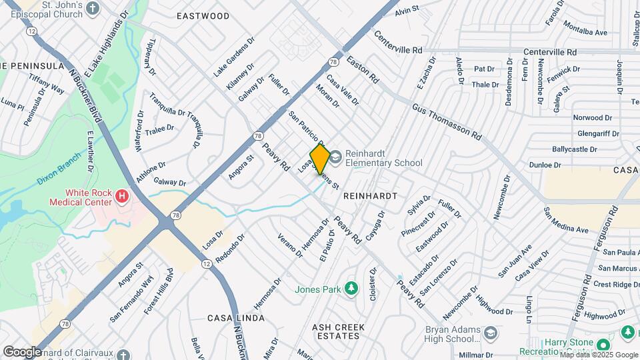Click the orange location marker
coord(320,159)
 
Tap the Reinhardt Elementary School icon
coord(335,157)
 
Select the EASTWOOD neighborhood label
coord(203,16)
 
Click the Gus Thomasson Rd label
coord(447,121)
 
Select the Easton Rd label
coord(363,69)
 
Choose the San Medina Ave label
coord(566,221)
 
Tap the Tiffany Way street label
coord(47,84)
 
